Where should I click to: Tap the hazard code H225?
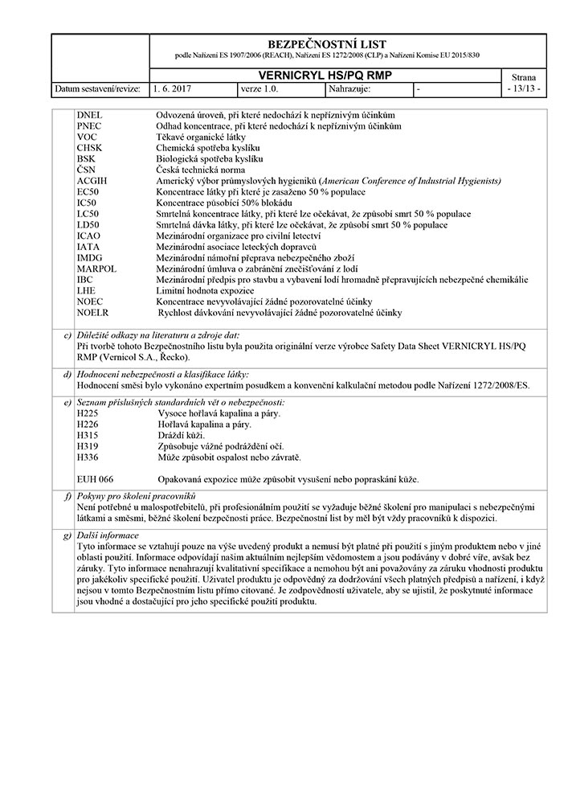[87, 413]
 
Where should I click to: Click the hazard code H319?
[87, 446]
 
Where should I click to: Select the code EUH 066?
[95, 479]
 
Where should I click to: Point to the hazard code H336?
[87, 457]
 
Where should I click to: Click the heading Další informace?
[108, 535]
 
